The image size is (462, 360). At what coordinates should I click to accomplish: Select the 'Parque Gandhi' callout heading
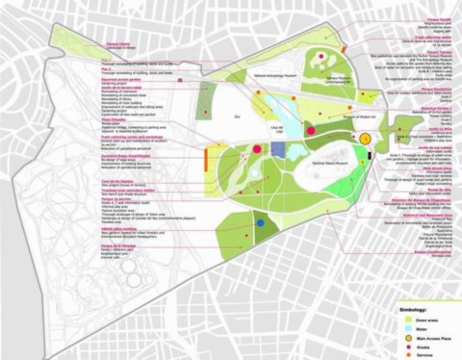(x=409, y=6)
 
